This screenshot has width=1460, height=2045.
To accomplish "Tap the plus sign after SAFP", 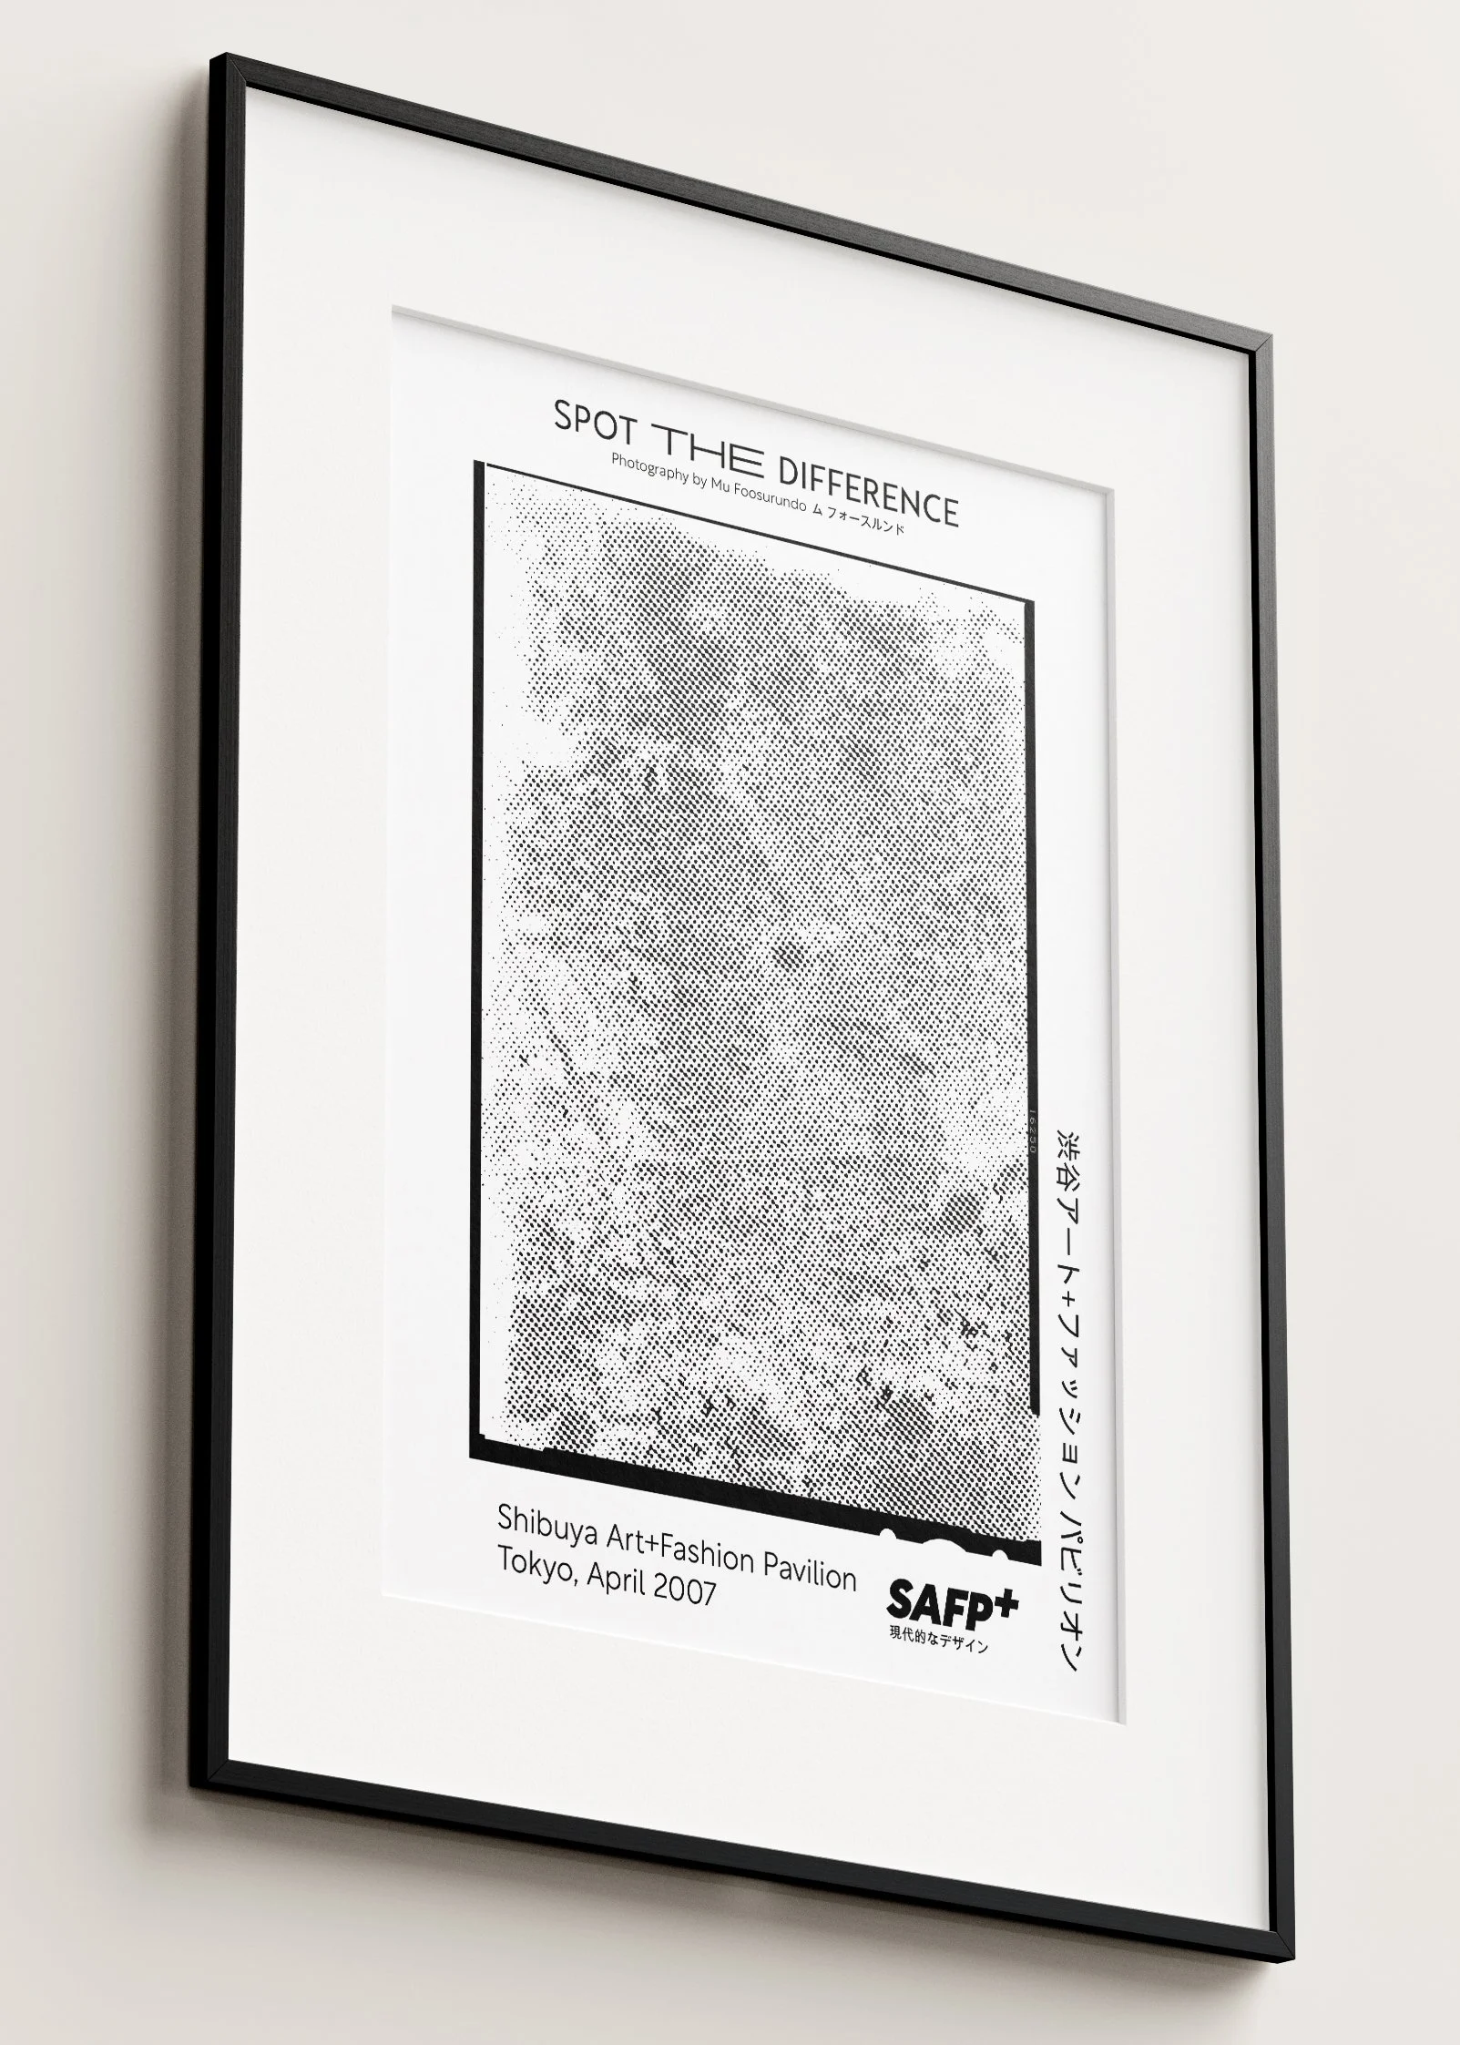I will click(1004, 1600).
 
